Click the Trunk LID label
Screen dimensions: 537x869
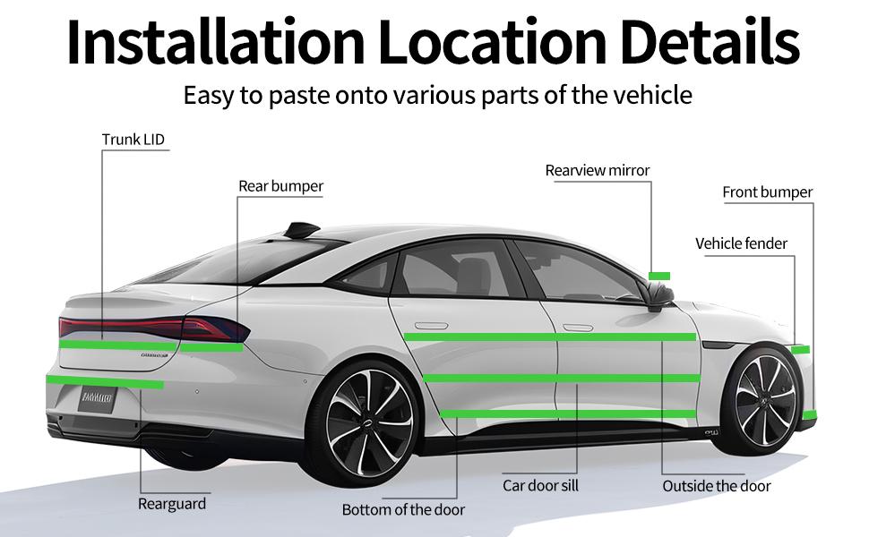tap(133, 140)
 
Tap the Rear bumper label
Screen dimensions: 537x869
tap(280, 186)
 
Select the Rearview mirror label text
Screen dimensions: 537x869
tap(598, 170)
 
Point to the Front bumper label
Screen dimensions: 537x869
tap(768, 192)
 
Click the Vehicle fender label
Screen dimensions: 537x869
tap(742, 243)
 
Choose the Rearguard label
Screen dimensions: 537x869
tap(172, 504)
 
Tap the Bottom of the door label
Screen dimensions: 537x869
tap(403, 510)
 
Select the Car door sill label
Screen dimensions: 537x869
tap(540, 486)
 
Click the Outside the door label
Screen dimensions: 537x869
tap(717, 486)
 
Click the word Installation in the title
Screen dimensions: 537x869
tap(213, 43)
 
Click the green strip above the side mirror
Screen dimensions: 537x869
tap(659, 275)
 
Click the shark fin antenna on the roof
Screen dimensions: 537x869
tap(301, 232)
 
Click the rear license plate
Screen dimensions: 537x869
tap(98, 396)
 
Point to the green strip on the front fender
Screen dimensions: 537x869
tap(800, 349)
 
